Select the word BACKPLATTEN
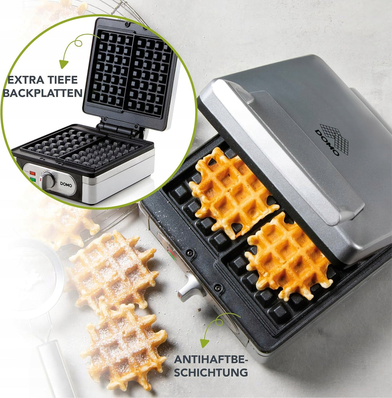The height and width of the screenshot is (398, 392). tap(42, 93)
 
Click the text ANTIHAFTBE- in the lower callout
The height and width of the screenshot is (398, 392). tap(211, 359)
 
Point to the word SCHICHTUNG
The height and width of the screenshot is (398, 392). tap(211, 372)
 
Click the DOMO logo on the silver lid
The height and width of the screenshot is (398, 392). tap(332, 140)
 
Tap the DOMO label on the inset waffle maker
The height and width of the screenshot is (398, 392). tap(66, 184)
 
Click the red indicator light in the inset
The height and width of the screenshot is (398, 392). tap(32, 173)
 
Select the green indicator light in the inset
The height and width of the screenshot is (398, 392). tap(33, 180)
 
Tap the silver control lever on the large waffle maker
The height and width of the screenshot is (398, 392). tap(191, 288)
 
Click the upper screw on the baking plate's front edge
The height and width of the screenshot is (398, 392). tap(189, 253)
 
